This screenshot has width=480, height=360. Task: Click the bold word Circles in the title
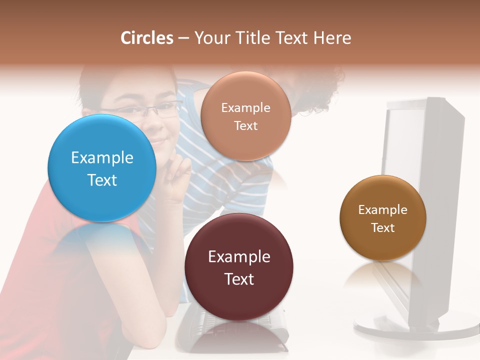click(x=147, y=38)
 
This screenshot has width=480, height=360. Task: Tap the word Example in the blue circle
click(x=102, y=158)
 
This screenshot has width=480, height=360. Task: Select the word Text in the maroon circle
click(x=239, y=279)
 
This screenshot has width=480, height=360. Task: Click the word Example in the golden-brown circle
click(x=383, y=210)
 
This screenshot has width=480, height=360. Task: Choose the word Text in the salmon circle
click(x=245, y=125)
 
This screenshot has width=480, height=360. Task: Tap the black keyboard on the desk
click(x=200, y=325)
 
